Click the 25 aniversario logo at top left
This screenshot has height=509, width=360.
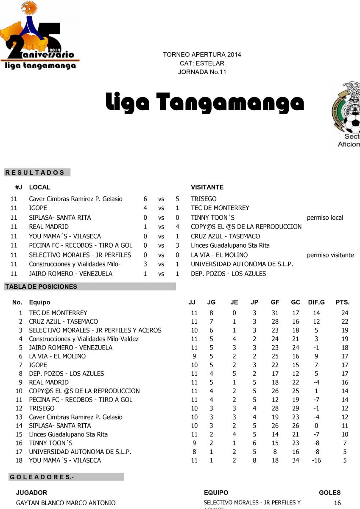pyautogui.click(x=39, y=36)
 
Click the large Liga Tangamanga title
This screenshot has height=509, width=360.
pyautogui.click(x=205, y=102)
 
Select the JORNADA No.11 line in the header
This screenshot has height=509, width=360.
pyautogui.click(x=202, y=72)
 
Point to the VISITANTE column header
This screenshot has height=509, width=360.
pyautogui.click(x=207, y=187)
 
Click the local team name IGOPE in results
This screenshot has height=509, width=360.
pyautogui.click(x=38, y=208)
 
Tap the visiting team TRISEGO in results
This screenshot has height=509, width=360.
pyautogui.click(x=204, y=199)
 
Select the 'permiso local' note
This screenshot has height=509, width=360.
pyautogui.click(x=325, y=218)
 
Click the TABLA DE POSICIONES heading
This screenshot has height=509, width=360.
pyautogui.click(x=41, y=287)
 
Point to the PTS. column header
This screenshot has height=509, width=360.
pyautogui.click(x=343, y=302)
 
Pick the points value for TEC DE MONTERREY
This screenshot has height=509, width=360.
pyautogui.click(x=345, y=313)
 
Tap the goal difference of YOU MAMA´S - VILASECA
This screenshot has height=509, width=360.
pyautogui.click(x=316, y=460)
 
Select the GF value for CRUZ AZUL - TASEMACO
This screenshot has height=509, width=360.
pyautogui.click(x=275, y=322)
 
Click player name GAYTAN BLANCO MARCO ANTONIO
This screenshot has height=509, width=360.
pyautogui.click(x=66, y=503)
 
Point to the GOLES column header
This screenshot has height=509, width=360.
pyautogui.click(x=329, y=493)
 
